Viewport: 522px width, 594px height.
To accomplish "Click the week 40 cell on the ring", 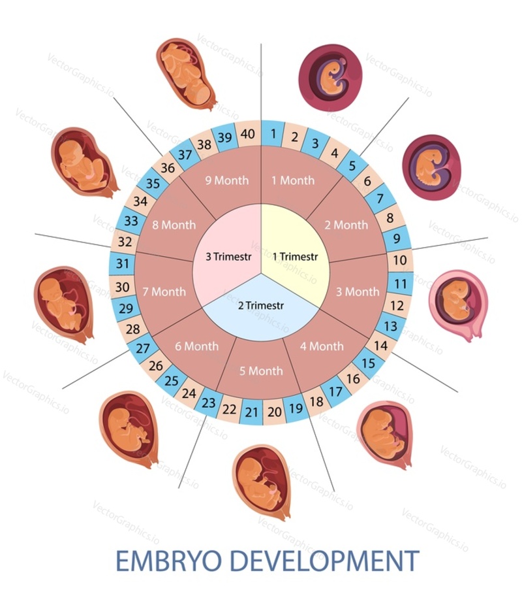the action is tap(248, 134).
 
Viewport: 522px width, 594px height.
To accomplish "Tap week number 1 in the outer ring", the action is tap(273, 133).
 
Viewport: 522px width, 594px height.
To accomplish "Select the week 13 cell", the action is tap(390, 326).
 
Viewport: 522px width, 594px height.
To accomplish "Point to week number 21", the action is tap(251, 412).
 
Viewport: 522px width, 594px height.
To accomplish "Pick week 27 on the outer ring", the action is tap(142, 348).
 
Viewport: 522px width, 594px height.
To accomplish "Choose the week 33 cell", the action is tap(131, 220).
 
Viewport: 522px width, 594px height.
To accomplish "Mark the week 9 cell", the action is tap(397, 239).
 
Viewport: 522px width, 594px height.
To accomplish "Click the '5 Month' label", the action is tap(261, 371).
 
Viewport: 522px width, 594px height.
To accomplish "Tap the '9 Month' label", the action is tap(227, 180).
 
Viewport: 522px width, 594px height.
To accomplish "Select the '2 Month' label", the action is tap(346, 225).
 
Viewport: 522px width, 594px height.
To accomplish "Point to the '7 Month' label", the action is tap(164, 291).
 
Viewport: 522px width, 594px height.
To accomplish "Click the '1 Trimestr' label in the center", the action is tap(295, 257).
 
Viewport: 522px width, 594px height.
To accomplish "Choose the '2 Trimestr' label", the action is tap(260, 305).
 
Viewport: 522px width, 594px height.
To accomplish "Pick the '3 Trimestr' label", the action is tap(228, 257).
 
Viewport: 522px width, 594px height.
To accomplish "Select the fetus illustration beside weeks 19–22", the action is tap(262, 482).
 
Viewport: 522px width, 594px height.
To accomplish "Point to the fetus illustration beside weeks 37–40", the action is tap(187, 73).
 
